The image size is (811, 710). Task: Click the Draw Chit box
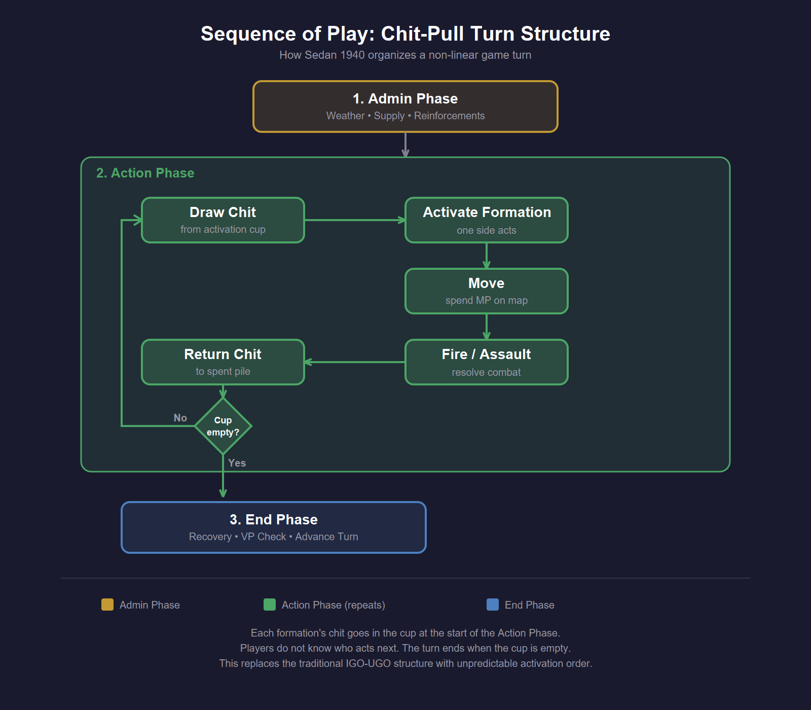(223, 220)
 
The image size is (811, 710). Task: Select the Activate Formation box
(487, 220)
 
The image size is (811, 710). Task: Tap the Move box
(487, 291)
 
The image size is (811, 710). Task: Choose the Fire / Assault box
(487, 362)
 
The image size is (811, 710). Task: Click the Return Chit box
(223, 362)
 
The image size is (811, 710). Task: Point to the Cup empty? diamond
(223, 426)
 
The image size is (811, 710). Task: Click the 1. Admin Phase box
(405, 106)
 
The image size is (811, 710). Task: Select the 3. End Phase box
(274, 527)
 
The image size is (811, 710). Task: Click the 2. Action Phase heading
(145, 173)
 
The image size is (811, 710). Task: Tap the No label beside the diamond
(180, 418)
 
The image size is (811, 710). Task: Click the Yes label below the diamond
(237, 463)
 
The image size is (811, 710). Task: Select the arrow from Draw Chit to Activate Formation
(355, 220)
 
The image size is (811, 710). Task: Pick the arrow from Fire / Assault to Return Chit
(355, 362)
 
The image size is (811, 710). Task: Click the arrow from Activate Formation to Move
(487, 256)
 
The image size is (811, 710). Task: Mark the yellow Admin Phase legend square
(107, 605)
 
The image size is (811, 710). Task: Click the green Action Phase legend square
(270, 605)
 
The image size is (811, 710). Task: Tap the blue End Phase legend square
(493, 605)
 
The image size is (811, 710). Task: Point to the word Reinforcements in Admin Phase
(449, 116)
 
